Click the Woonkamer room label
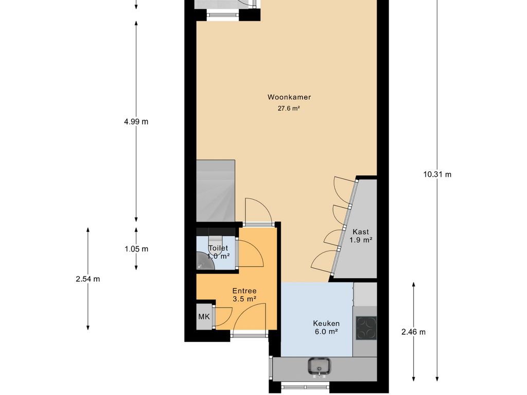[x=289, y=97]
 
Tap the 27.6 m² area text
[x=289, y=109]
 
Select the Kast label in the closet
[x=360, y=232]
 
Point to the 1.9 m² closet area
[x=360, y=240]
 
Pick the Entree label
[x=244, y=291]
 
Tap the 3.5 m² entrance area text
[x=244, y=299]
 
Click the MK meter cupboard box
[x=204, y=317]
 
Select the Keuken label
[x=326, y=324]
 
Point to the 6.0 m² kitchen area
[x=326, y=332]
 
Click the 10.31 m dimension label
[x=437, y=174]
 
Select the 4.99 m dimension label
[x=136, y=122]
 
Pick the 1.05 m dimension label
[x=136, y=249]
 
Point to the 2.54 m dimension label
[x=87, y=279]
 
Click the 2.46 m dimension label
[x=413, y=332]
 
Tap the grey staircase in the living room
[x=216, y=190]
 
